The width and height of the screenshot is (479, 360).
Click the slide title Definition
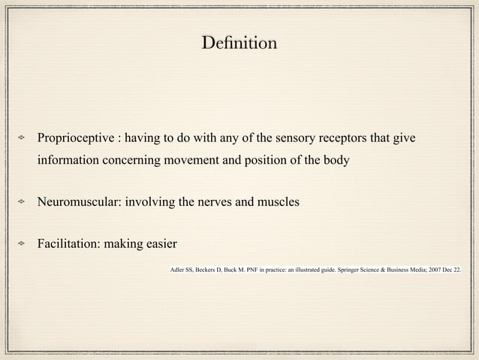point(239,43)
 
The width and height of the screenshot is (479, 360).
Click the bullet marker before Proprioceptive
point(23,140)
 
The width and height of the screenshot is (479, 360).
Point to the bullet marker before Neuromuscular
point(23,203)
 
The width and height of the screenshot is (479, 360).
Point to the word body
point(334,161)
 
